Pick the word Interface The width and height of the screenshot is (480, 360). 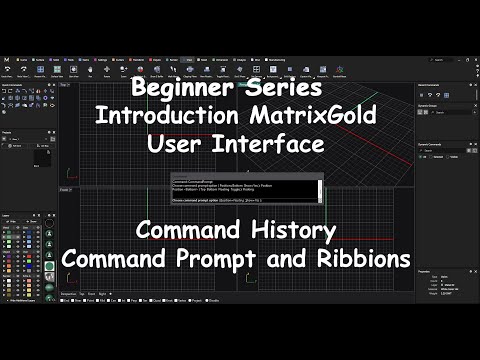272,143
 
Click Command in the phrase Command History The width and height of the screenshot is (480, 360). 189,231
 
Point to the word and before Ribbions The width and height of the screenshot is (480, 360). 295,257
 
